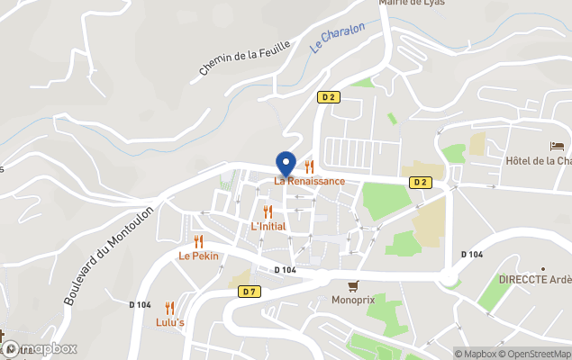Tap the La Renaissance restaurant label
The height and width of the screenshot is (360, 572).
(310, 181)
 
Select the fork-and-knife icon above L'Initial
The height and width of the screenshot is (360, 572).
(268, 211)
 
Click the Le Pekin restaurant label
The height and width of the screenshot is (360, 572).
(198, 256)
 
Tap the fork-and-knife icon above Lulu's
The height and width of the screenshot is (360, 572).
(169, 308)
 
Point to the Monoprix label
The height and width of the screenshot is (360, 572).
(352, 300)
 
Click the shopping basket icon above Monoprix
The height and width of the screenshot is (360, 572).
(352, 285)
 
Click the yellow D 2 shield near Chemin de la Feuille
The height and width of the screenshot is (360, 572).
(328, 96)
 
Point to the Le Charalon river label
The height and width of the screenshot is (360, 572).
(338, 39)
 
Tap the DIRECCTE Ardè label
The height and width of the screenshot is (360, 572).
(535, 280)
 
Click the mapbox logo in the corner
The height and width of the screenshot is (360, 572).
(40, 348)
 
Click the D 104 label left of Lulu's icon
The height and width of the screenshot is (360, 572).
(141, 305)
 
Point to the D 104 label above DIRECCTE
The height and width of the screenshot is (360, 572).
(471, 255)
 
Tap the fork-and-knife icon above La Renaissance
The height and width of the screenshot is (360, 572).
(310, 166)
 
